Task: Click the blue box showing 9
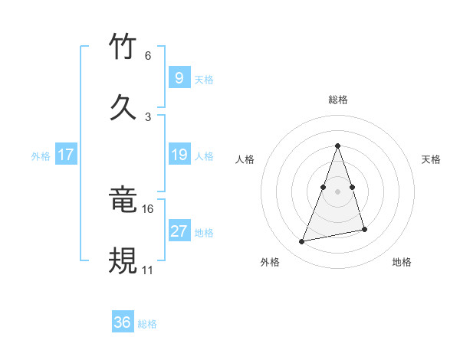click(x=179, y=78)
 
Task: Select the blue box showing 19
click(x=179, y=155)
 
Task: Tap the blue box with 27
click(x=179, y=231)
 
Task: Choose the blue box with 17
click(x=66, y=155)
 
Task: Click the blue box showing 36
click(x=123, y=322)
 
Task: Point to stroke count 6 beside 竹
click(x=148, y=56)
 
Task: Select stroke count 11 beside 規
click(x=148, y=270)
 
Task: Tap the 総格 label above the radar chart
click(x=338, y=100)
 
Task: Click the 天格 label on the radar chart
click(x=432, y=159)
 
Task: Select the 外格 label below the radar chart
click(x=270, y=262)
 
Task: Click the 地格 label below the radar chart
click(x=402, y=262)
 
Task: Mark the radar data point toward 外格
click(x=302, y=242)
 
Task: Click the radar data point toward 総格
click(x=338, y=146)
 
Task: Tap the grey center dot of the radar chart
click(x=338, y=191)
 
